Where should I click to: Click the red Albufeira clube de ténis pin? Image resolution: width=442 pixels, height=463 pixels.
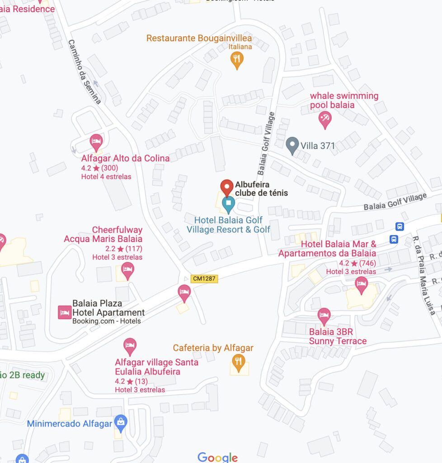coord(227,187)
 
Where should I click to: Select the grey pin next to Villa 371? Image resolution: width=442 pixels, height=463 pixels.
coord(292,145)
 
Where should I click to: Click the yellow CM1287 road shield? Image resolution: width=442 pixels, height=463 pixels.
coord(204,279)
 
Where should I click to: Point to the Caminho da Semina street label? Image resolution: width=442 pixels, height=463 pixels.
coord(85,71)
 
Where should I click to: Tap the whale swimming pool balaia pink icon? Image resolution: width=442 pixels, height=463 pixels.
coord(324,119)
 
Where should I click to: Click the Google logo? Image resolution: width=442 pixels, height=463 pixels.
coord(217,457)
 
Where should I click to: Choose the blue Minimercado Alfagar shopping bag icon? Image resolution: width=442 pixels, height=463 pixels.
coord(121,423)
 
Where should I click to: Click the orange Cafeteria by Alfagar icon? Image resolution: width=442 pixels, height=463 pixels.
coord(238,361)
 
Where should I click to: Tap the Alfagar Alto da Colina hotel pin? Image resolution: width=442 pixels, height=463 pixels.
coord(96,142)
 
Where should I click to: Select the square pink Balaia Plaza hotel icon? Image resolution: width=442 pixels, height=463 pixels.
coord(64,312)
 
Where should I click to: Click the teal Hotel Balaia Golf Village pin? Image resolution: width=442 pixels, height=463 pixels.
coord(228,204)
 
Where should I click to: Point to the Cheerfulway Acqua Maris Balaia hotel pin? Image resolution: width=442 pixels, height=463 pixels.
coord(128,270)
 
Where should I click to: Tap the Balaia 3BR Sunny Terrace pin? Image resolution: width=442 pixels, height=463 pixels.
coord(324,316)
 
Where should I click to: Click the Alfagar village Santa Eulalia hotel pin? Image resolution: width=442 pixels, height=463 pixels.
coord(130,346)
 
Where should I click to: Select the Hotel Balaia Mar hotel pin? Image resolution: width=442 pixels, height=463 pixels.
coord(361,285)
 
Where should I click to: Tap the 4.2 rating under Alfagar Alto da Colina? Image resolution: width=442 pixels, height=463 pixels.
coord(86,168)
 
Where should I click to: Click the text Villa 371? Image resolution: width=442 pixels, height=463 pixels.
coord(318,146)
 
